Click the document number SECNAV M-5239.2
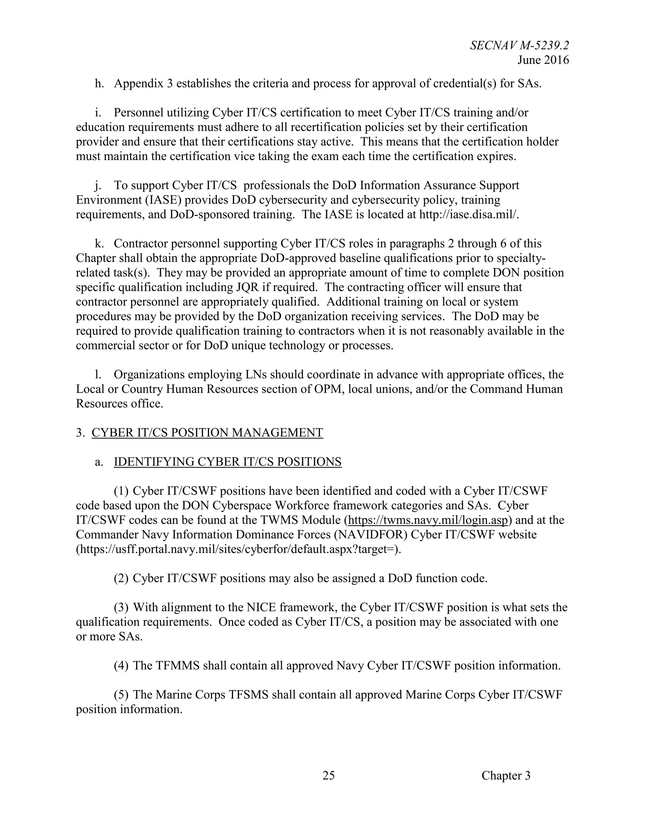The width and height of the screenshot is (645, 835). pos(519,45)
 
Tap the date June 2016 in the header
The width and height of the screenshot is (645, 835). pos(543,60)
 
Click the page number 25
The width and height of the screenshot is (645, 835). pos(328,775)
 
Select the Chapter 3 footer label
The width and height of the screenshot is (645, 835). pos(506,775)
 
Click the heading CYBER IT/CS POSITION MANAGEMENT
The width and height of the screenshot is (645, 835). pos(207,432)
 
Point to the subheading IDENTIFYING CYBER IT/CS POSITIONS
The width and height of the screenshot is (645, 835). pos(227,462)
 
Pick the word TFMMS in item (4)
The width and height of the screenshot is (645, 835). pos(178,665)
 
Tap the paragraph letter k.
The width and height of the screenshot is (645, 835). pos(99,244)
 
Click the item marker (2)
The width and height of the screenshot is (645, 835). pos(121,579)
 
